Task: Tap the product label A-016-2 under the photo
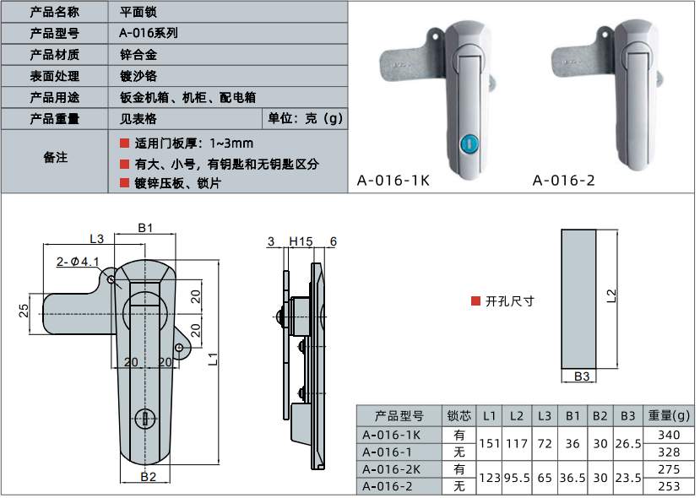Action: (x=564, y=180)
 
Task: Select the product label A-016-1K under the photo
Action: (x=393, y=180)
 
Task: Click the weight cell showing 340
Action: (x=668, y=435)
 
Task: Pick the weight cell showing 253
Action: (x=668, y=485)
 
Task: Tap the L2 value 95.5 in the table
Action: (x=517, y=477)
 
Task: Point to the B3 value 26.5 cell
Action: (x=627, y=443)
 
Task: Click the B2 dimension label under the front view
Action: (x=149, y=477)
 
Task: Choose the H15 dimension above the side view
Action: (x=301, y=241)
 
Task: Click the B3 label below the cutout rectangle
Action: (x=581, y=376)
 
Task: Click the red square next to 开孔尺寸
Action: (x=475, y=300)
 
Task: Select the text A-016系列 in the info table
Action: (x=149, y=34)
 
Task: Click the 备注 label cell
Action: (x=55, y=159)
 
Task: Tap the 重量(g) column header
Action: (x=668, y=416)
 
